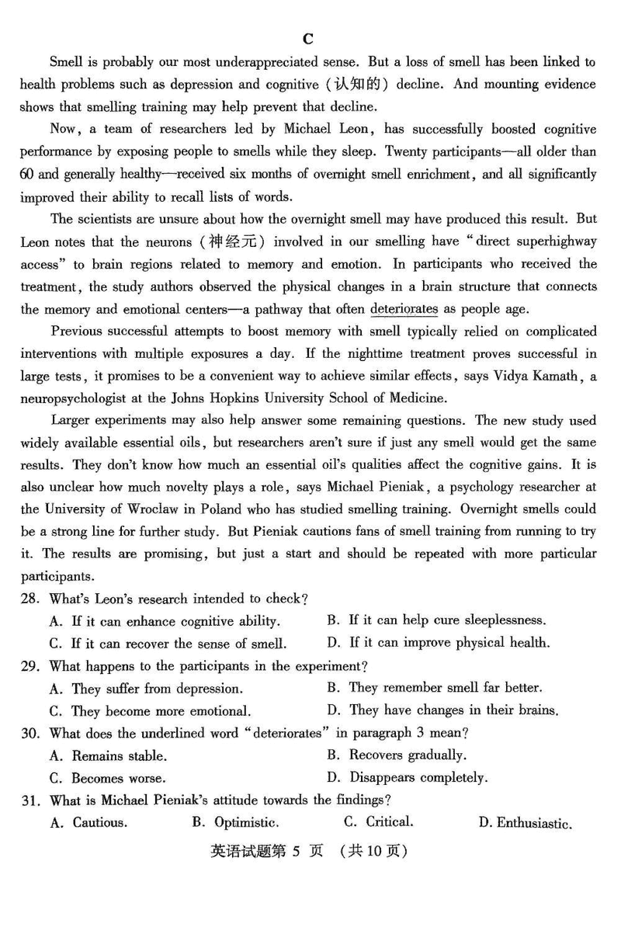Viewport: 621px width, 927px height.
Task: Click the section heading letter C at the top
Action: coord(308,39)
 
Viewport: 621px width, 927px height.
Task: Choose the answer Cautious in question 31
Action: coord(100,823)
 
